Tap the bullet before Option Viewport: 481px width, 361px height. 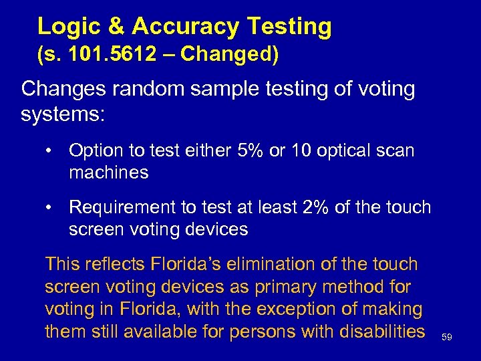[49, 150]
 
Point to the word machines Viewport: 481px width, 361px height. [108, 173]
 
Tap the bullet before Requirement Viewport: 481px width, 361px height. [49, 207]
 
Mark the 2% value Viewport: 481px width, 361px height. [316, 207]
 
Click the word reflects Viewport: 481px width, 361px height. [115, 264]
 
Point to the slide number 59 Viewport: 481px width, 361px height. [447, 338]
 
